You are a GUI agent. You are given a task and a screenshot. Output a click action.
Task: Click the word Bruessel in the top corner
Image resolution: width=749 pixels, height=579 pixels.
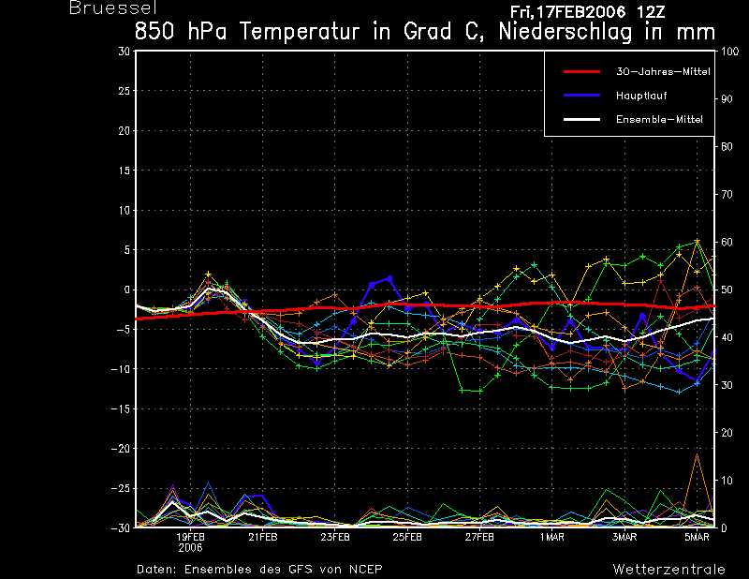[x=112, y=7]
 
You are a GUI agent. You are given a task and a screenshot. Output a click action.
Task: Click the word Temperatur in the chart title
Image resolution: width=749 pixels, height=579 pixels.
[x=299, y=32]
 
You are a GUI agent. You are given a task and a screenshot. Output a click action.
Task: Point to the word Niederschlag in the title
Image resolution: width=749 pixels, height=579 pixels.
[x=565, y=33]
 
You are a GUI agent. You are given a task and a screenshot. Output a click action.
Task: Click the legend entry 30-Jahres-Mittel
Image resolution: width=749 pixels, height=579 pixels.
[x=663, y=72]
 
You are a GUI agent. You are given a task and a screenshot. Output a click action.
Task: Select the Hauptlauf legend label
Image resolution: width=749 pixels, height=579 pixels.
[x=641, y=96]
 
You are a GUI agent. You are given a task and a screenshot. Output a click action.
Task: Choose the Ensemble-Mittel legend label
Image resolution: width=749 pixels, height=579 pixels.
[x=659, y=120]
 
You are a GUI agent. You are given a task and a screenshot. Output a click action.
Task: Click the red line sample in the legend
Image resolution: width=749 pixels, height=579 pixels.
[x=581, y=72]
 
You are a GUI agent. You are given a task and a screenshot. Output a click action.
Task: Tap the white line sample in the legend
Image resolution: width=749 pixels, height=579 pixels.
[x=581, y=120]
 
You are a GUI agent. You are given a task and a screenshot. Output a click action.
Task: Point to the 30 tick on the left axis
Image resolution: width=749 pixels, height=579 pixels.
[x=125, y=52]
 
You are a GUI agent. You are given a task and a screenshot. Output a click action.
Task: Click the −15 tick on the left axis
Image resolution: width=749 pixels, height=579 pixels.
[x=121, y=408]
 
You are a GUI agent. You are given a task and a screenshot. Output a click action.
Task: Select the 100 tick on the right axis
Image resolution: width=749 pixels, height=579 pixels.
[x=730, y=52]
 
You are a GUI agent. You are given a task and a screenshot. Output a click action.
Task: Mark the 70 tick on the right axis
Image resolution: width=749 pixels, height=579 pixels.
[x=727, y=194]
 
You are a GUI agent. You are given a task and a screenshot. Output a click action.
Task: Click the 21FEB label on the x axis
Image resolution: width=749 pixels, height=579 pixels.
[x=263, y=537]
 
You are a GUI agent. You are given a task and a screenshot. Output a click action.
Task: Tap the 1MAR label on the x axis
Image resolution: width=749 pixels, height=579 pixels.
[x=552, y=537]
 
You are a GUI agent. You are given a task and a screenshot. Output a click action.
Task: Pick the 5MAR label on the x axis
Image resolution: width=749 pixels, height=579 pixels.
[x=697, y=537]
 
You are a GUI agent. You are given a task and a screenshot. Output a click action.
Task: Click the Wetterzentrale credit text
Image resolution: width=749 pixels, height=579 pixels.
[x=669, y=569]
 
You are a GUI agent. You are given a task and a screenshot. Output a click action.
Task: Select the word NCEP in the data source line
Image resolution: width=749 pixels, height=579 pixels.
[x=365, y=569]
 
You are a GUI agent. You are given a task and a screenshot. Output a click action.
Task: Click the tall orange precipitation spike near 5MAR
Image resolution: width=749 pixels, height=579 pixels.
[x=697, y=454]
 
